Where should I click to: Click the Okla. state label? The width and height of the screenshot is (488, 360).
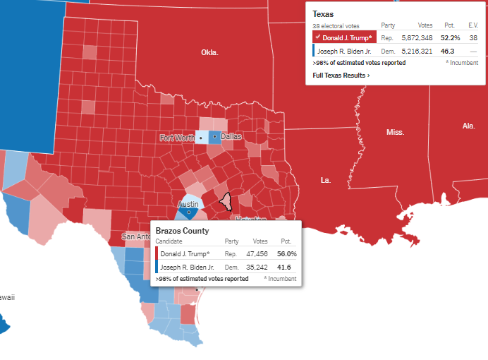209,52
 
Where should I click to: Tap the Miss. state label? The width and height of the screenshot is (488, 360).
395,132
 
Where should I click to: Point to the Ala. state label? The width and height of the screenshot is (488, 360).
468,126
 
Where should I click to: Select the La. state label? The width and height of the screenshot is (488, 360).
326,180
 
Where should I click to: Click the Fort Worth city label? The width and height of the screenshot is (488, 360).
177,138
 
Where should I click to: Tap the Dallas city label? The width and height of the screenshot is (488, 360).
231,136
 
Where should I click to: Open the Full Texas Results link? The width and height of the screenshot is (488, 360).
341,75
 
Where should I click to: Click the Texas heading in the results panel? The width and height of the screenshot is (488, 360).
324,13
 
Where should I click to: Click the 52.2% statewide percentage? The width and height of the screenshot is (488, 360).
451,37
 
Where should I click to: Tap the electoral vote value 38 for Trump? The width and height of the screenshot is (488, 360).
473,37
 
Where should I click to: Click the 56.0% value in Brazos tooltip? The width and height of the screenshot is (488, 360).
287,253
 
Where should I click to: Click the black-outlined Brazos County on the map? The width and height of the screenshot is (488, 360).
226,201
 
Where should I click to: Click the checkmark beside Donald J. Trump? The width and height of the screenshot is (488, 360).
318,37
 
